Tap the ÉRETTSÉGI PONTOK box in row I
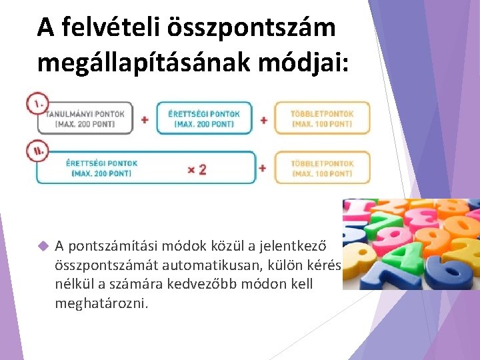click(x=205, y=119)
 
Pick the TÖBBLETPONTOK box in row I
click(x=322, y=119)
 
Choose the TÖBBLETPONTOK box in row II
click(x=322, y=168)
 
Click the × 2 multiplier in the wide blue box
click(x=197, y=169)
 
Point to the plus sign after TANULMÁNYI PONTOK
click(x=145, y=120)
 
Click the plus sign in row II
click(x=263, y=168)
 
